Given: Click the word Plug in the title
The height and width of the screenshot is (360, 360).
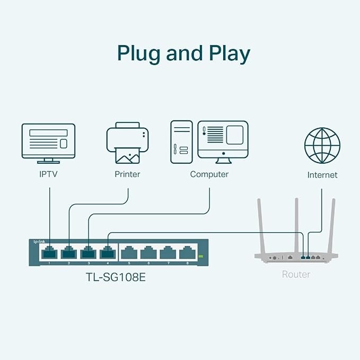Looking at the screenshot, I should click(x=139, y=54).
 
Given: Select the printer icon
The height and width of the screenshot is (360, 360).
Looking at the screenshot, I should click(x=127, y=143).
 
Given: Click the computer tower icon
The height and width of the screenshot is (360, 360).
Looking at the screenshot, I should click(x=181, y=140).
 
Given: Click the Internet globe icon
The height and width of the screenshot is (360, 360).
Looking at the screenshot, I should click(x=322, y=145).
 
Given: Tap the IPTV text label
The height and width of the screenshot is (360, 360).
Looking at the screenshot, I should click(x=48, y=174).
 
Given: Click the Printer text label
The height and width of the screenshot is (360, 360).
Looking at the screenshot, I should click(x=127, y=174).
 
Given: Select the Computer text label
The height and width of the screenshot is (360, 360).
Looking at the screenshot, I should click(x=209, y=174).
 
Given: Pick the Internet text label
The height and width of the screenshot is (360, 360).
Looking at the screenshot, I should click(x=322, y=175).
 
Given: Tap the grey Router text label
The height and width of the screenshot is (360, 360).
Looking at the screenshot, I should click(x=296, y=274).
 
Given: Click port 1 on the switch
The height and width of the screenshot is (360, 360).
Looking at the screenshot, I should click(x=49, y=252).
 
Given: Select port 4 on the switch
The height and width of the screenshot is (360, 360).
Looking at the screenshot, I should click(x=108, y=252).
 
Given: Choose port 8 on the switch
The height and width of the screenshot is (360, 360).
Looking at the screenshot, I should click(x=185, y=252).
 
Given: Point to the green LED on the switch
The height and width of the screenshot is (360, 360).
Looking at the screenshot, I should click(x=201, y=257).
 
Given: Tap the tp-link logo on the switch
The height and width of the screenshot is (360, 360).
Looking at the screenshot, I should click(x=39, y=241).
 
